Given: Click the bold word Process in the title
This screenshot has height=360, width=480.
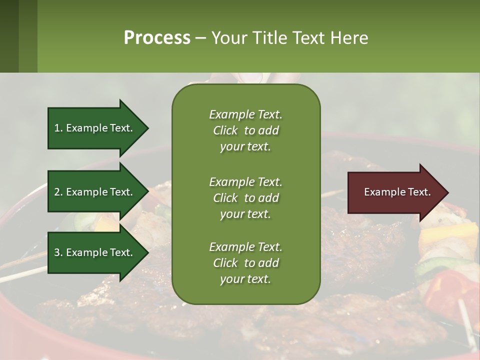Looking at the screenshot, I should (x=157, y=38).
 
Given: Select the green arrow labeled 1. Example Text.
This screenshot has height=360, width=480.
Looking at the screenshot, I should (x=95, y=128).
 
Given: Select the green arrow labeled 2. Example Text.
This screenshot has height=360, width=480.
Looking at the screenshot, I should (x=95, y=192).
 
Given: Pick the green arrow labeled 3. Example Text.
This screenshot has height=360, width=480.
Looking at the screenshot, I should (x=95, y=252).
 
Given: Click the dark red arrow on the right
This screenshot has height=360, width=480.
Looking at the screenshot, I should (x=395, y=192).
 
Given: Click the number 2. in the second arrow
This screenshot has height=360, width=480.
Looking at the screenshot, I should (x=58, y=192).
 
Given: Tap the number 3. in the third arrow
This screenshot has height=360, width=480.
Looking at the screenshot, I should (x=58, y=252).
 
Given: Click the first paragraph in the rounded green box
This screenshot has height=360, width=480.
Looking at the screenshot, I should (x=245, y=130).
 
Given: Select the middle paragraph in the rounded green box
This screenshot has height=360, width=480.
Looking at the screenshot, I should (x=245, y=198).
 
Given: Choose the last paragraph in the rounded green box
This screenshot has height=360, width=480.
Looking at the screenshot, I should (x=245, y=263).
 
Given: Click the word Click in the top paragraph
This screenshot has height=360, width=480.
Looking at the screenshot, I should (x=225, y=130).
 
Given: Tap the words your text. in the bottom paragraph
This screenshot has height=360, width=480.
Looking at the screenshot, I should (x=245, y=279).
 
